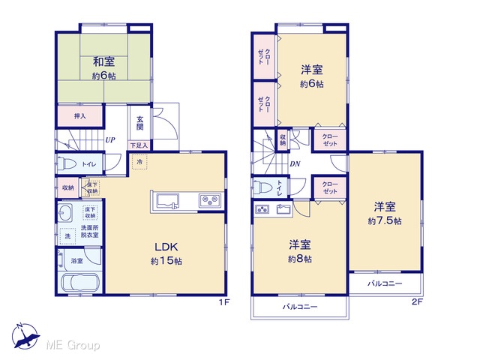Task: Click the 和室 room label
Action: tap(103, 61)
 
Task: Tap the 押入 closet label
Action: tap(80, 116)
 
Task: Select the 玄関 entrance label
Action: tap(140, 123)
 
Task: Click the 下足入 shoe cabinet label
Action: tap(139, 145)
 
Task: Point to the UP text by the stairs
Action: tap(110, 140)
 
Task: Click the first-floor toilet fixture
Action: tap(67, 163)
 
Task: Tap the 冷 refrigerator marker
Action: tap(139, 162)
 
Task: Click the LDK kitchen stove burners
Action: tap(210, 201)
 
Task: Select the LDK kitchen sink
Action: tap(167, 201)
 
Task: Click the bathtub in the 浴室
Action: tap(80, 283)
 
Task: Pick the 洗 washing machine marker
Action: tap(67, 236)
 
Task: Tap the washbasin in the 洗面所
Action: tap(65, 212)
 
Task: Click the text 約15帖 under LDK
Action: tap(166, 261)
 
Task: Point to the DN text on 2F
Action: tap(295, 164)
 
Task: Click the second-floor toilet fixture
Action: tap(263, 187)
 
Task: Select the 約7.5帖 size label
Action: tap(385, 220)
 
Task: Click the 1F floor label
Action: tap(223, 302)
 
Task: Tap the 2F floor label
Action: tap(417, 301)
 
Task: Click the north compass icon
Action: tap(25, 336)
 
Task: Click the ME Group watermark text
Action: tap(73, 346)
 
